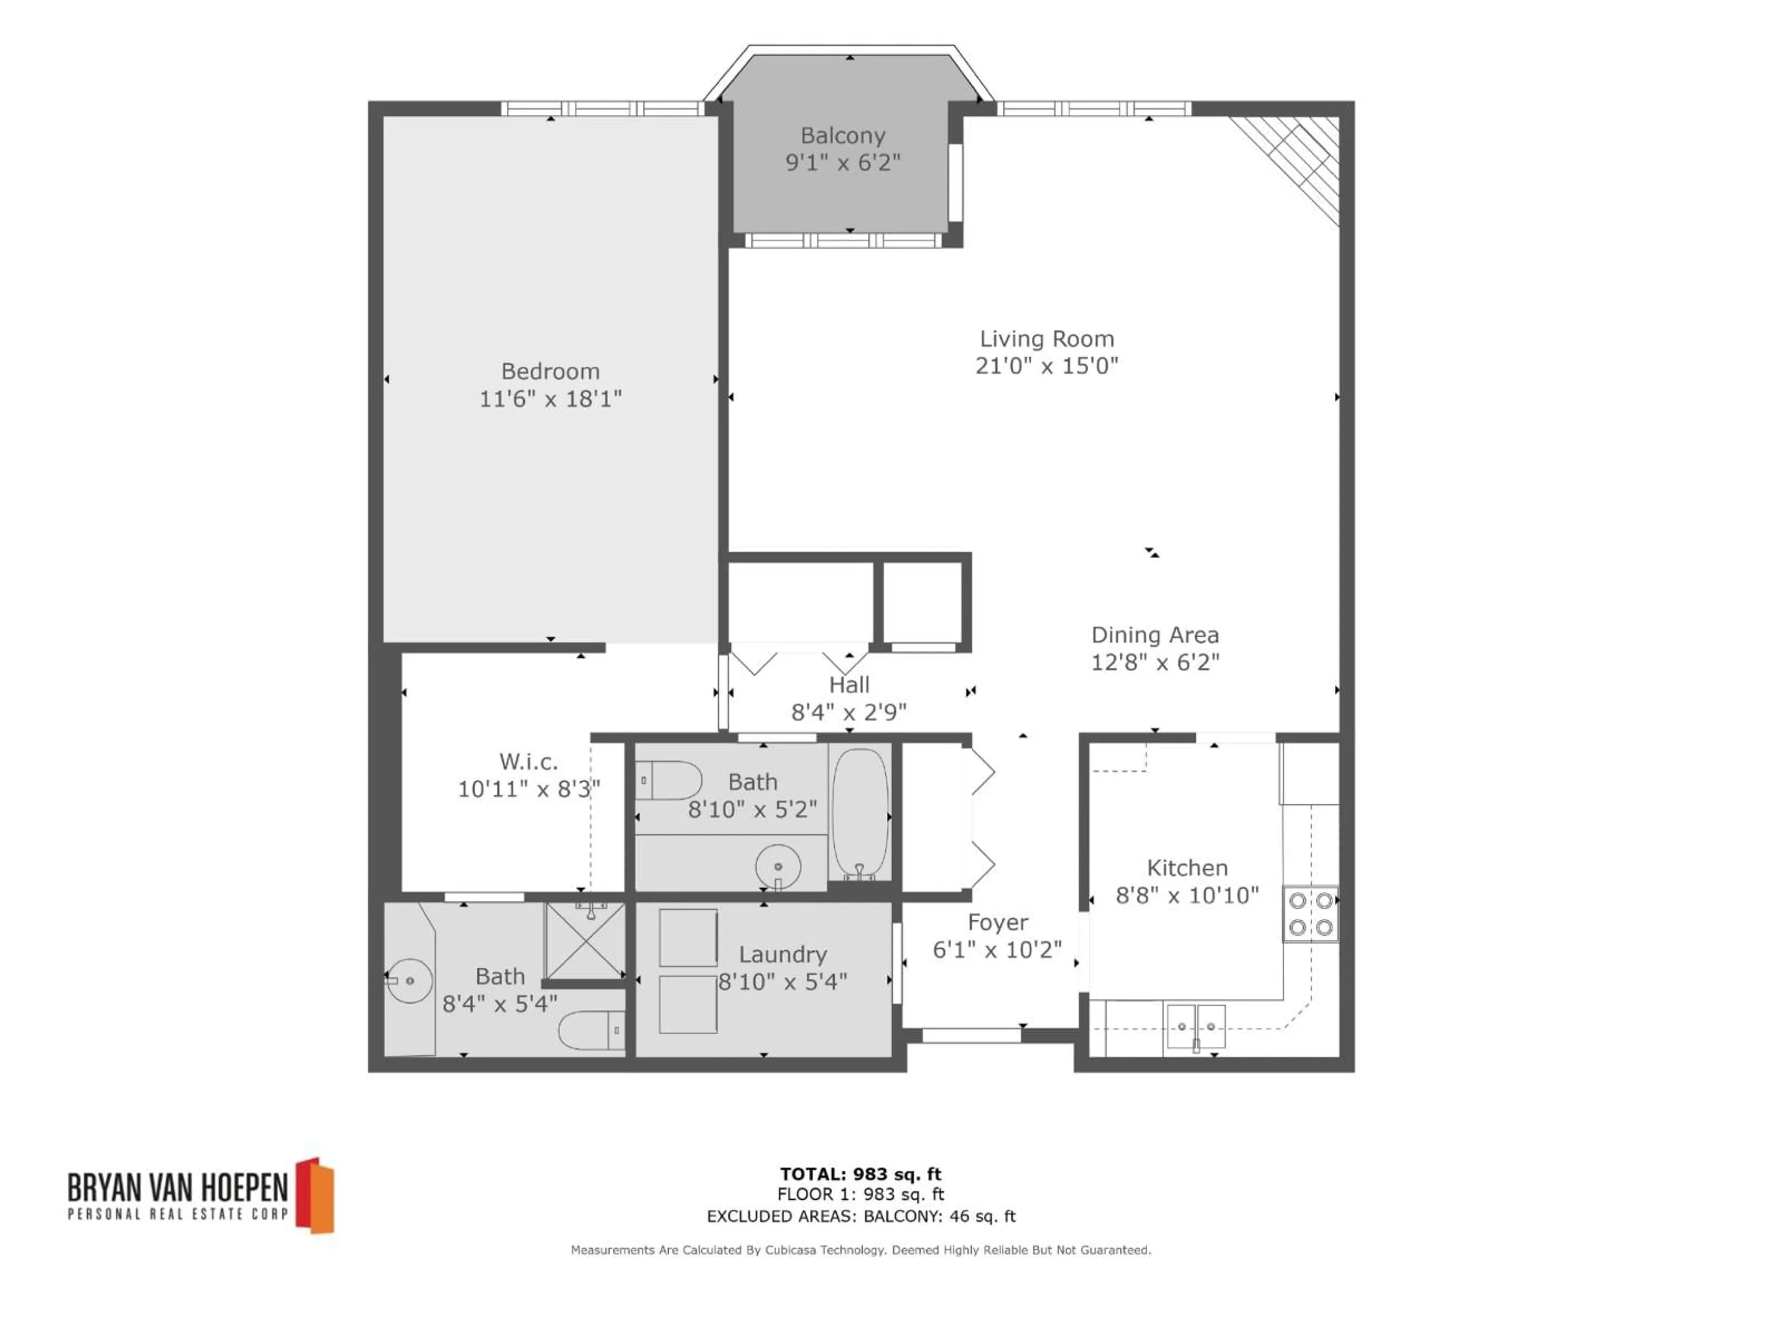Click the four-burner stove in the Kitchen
(1310, 914)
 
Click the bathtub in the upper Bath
(859, 813)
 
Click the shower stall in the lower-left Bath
(585, 940)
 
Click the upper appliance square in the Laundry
(688, 937)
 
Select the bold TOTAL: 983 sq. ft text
(860, 1174)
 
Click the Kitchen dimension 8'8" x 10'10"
(1186, 895)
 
